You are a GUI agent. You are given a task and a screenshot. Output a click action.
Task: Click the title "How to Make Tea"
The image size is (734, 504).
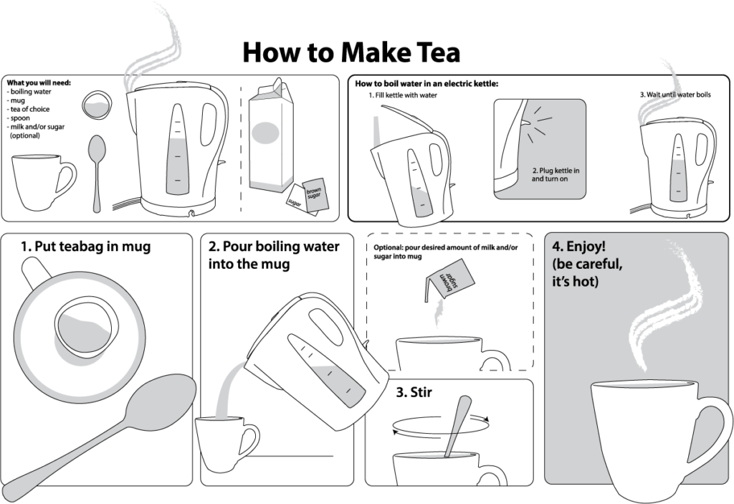coord(351,52)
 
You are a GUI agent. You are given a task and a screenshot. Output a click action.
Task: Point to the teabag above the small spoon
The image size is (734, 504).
coord(95,106)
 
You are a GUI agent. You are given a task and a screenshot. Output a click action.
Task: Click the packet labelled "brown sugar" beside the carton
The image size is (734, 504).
coord(315,195)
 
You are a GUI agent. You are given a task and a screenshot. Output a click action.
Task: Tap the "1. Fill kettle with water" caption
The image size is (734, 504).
coord(402,95)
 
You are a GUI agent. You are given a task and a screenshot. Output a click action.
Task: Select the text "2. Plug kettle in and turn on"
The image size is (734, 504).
coord(555,175)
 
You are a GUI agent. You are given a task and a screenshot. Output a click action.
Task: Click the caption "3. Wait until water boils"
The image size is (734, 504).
coord(675,95)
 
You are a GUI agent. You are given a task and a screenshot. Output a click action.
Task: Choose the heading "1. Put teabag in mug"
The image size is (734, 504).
coord(85,247)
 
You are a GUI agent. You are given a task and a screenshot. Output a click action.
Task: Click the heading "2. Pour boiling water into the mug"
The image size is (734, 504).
coord(274,255)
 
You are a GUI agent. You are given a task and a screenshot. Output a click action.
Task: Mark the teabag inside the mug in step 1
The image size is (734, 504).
coord(85,326)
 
